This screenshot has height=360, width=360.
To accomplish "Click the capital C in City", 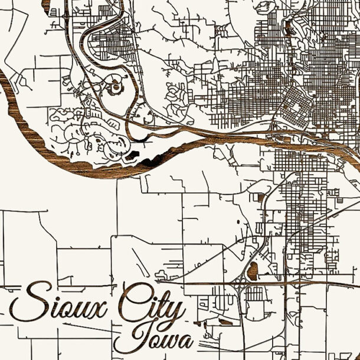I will point(133,304).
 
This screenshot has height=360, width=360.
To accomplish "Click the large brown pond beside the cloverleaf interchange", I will point(253,271).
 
